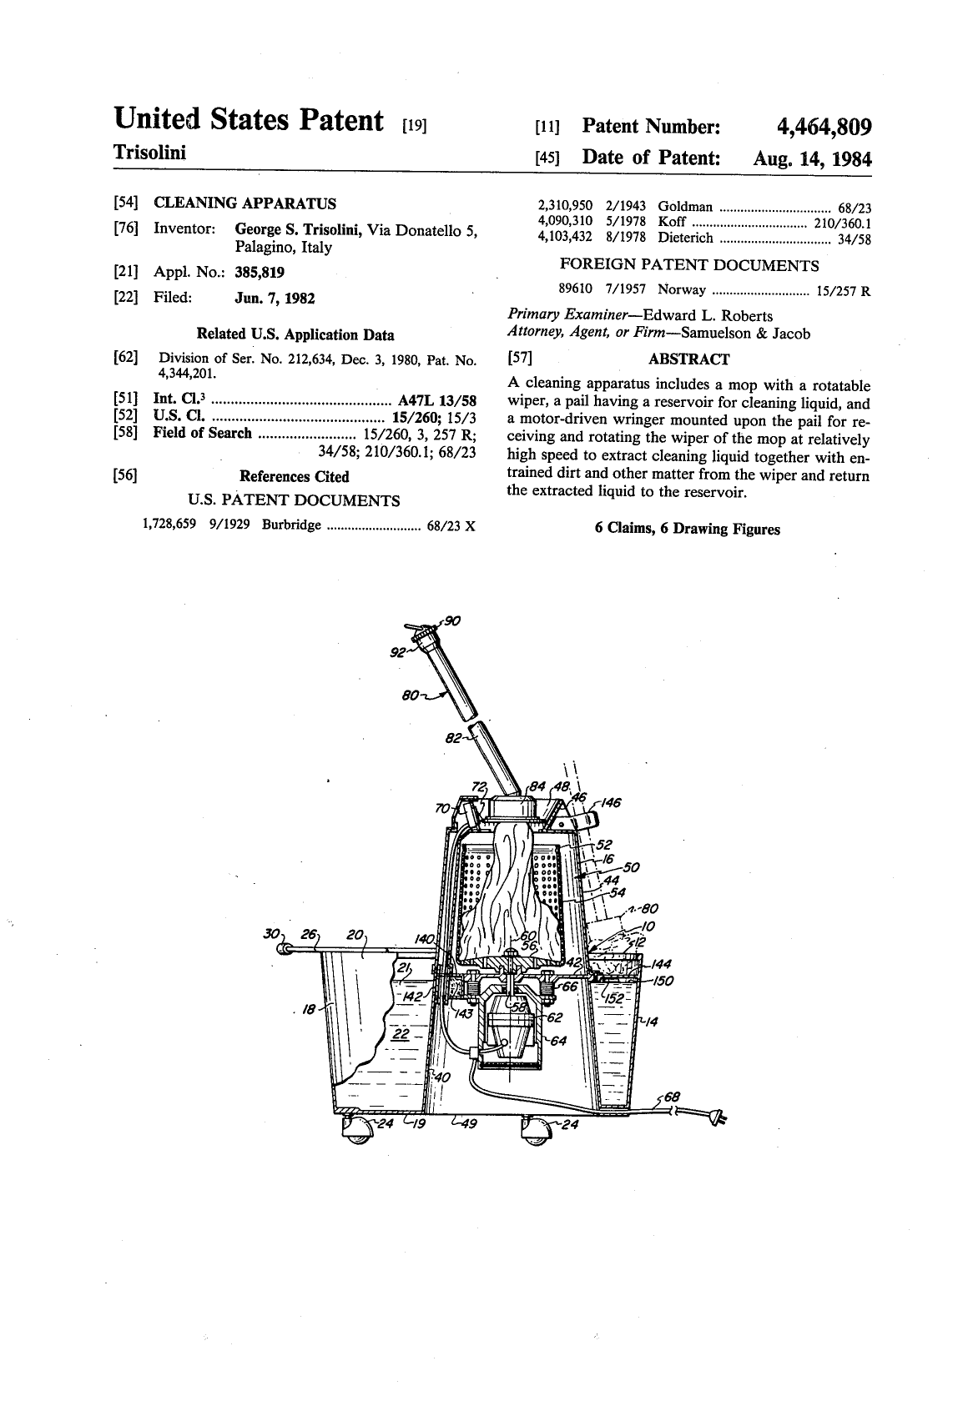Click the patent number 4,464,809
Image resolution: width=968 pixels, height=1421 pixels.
click(824, 127)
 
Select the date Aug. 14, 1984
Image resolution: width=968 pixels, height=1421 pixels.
click(812, 158)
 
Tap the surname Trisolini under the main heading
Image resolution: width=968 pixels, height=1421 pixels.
click(150, 153)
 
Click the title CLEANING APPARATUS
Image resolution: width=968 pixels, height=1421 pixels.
click(245, 203)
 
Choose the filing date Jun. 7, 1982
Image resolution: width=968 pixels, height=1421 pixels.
click(275, 299)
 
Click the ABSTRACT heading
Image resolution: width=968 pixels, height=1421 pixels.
click(688, 359)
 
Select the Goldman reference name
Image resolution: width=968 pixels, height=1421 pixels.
click(685, 207)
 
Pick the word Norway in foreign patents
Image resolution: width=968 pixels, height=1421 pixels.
click(682, 290)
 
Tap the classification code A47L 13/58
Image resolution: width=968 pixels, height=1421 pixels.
click(436, 400)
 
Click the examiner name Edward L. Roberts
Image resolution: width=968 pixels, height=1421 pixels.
click(708, 316)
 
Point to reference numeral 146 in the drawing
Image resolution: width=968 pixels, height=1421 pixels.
click(610, 802)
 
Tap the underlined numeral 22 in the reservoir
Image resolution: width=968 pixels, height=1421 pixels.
click(401, 1033)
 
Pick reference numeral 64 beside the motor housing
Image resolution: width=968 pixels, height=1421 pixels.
click(558, 1041)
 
